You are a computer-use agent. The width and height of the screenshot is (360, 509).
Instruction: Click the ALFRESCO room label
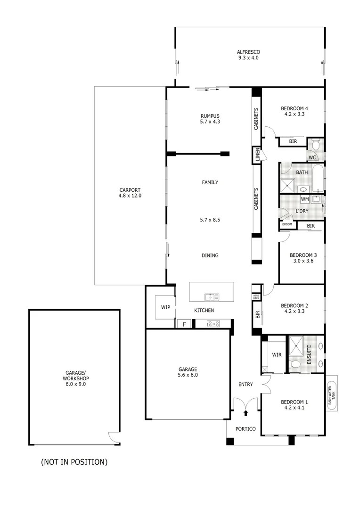pos(248,52)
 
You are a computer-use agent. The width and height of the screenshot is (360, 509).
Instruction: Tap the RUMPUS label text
pos(210,116)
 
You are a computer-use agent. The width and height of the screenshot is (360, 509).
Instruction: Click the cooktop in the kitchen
pos(214,323)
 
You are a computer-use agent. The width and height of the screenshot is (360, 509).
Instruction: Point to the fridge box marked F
pos(184,324)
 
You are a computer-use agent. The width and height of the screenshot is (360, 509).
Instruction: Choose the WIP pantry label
pos(165,307)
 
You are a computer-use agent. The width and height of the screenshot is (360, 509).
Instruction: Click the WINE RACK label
pos(256,297)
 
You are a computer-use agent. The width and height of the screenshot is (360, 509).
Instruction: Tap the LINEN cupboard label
pos(257,155)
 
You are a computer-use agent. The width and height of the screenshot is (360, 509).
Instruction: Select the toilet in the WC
pos(315,144)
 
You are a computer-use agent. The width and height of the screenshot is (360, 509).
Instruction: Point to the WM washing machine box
pos(305,199)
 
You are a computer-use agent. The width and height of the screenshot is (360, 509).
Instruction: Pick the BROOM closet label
pos(287,224)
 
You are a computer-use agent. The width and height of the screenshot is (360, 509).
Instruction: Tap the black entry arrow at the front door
pos(245,413)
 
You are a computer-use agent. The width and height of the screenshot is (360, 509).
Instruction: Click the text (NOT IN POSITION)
pos(74,462)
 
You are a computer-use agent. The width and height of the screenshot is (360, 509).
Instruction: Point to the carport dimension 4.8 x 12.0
pos(130,195)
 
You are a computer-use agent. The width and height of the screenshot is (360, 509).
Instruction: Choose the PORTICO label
pos(245,429)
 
